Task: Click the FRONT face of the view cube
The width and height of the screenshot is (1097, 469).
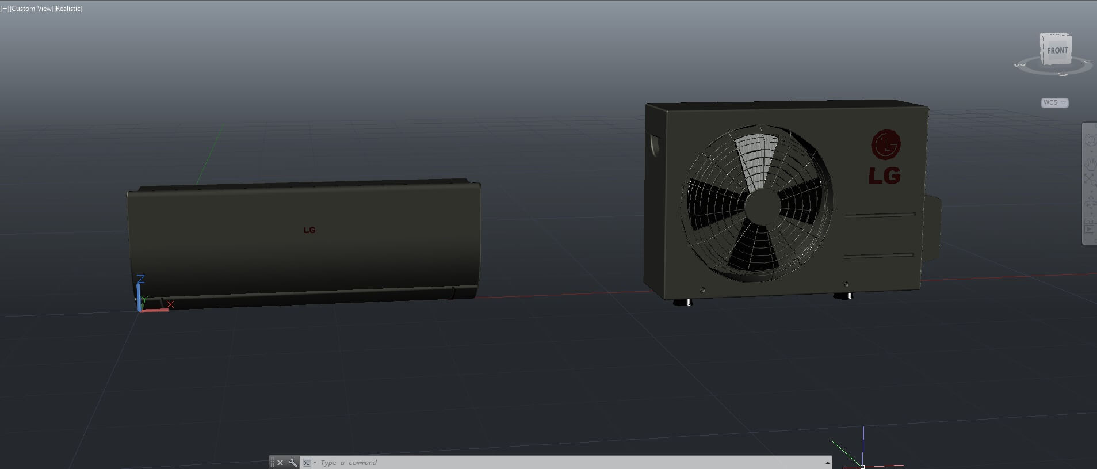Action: (1057, 51)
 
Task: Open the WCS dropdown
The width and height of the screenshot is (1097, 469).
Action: (1054, 102)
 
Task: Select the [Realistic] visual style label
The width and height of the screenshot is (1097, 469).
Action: (68, 9)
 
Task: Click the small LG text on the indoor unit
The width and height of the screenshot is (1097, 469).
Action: (309, 230)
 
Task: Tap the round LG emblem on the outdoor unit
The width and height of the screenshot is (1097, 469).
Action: (885, 144)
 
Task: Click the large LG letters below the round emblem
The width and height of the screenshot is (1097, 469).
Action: (884, 176)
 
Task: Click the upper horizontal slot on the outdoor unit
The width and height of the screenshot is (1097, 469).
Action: (880, 216)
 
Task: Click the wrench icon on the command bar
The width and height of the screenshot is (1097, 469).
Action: (293, 463)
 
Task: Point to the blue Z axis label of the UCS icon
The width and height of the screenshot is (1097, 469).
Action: (141, 279)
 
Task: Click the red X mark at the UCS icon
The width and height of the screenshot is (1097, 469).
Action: (170, 304)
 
